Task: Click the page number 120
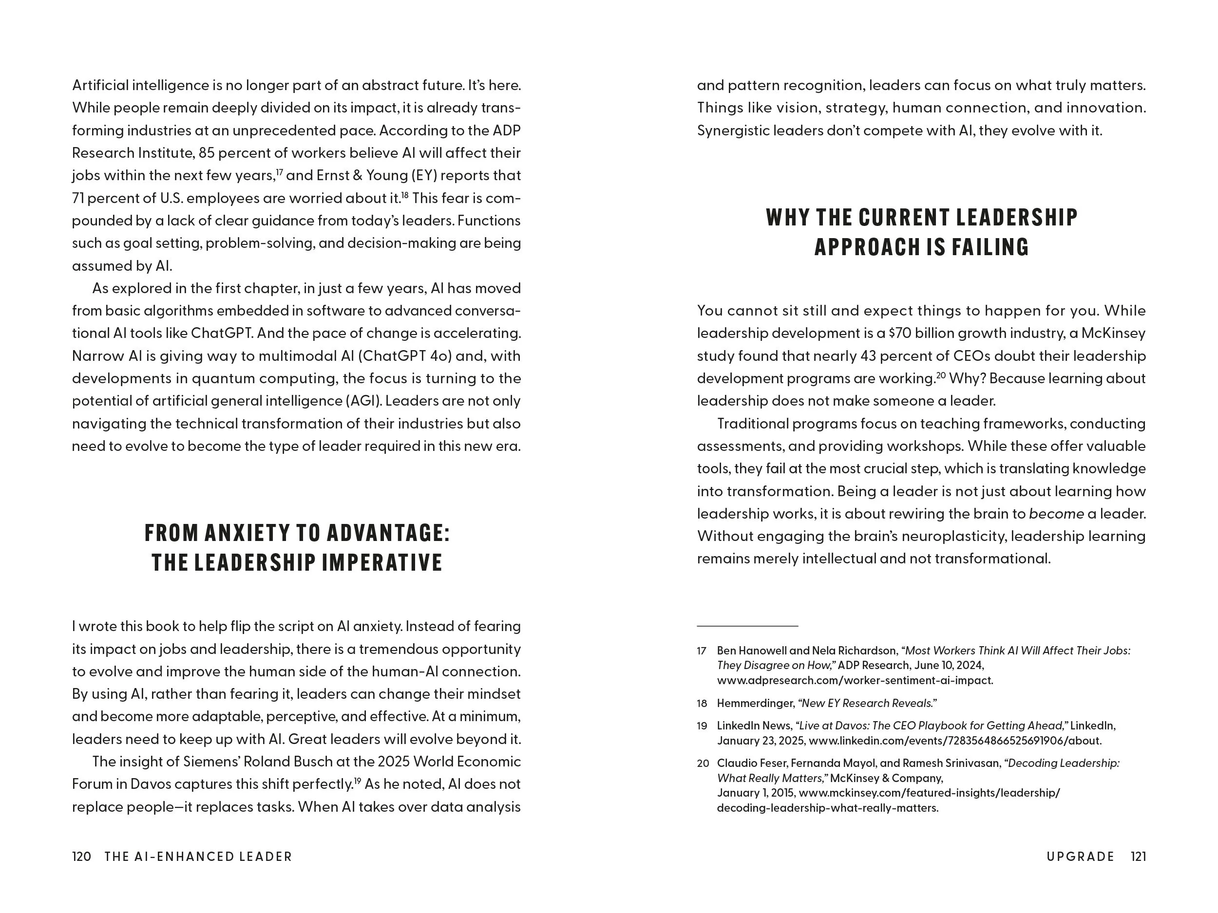click(81, 857)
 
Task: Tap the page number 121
click(1138, 857)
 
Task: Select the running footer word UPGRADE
click(1080, 857)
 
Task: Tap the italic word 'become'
click(1056, 514)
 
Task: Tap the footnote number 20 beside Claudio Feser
click(703, 764)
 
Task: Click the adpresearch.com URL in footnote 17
click(855, 680)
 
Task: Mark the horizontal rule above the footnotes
click(747, 626)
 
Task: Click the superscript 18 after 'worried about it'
click(405, 195)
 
